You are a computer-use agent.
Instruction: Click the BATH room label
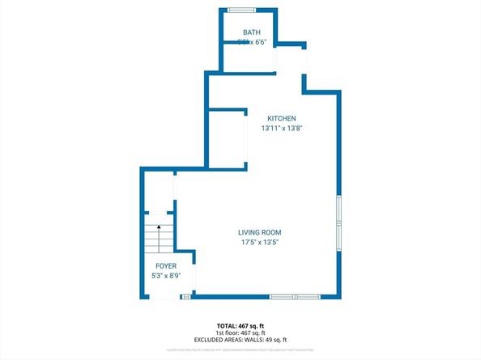click(252, 32)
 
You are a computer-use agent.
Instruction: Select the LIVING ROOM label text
click(260, 232)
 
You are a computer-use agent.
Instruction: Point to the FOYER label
click(166, 265)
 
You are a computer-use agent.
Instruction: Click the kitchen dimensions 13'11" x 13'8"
click(283, 128)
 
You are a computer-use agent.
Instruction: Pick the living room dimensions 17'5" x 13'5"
click(260, 242)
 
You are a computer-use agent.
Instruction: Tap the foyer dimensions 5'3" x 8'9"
click(166, 275)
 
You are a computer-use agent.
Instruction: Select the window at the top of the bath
click(240, 10)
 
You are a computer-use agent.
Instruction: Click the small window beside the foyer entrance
click(185, 298)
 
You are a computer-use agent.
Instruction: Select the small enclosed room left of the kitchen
click(227, 138)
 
